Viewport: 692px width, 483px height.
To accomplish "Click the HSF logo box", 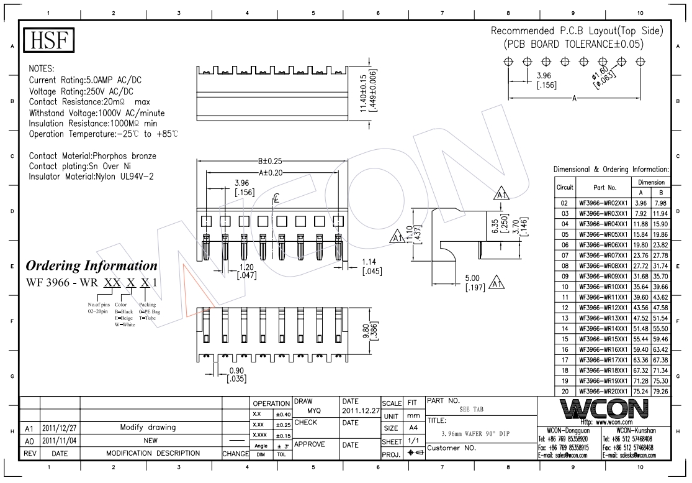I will click(49, 42).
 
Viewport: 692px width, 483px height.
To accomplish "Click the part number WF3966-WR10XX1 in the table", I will click(604, 287).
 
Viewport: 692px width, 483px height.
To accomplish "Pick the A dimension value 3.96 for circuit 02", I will click(640, 203).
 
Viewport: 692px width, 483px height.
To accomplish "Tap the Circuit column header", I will click(564, 187).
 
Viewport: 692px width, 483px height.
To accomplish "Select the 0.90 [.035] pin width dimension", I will click(237, 374).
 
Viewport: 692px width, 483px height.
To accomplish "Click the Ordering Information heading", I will click(91, 266).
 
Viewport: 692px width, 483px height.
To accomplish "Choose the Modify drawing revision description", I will click(148, 428).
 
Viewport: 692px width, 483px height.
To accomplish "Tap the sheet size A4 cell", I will click(412, 428).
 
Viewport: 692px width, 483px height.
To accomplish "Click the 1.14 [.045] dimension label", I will click(371, 265).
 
